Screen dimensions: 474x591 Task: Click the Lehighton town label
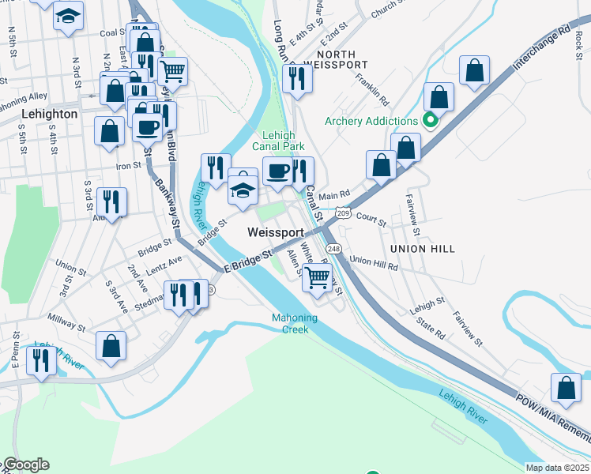(x=49, y=114)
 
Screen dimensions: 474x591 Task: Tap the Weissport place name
(x=275, y=232)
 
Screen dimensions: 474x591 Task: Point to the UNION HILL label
(x=422, y=249)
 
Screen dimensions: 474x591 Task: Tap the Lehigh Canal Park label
(x=278, y=140)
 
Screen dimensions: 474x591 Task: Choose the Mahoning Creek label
(x=295, y=324)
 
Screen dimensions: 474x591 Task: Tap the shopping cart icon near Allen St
(x=317, y=277)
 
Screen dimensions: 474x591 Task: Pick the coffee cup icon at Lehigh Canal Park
(x=277, y=171)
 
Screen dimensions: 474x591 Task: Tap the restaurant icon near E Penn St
(x=40, y=360)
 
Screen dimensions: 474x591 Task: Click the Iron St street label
(x=128, y=166)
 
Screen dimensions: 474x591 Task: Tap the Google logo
(x=25, y=465)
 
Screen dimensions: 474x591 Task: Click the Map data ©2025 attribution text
(x=557, y=468)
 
